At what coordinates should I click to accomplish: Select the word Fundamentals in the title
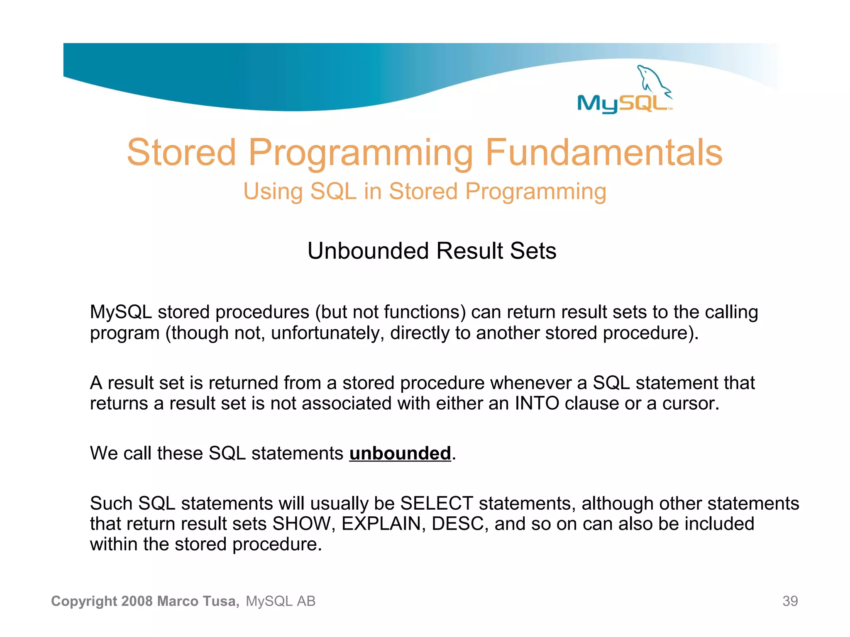603,153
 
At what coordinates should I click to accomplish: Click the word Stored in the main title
181,153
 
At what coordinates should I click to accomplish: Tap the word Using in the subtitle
273,192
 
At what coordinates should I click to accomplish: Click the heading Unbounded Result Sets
432,251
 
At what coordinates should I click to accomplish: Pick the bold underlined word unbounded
400,453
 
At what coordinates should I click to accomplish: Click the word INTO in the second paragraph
537,403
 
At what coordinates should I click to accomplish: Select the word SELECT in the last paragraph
436,503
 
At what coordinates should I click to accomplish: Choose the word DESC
457,524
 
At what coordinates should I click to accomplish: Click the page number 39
790,601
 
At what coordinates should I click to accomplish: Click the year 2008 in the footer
137,601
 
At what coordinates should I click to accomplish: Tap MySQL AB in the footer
281,601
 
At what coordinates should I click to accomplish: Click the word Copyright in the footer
84,601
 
